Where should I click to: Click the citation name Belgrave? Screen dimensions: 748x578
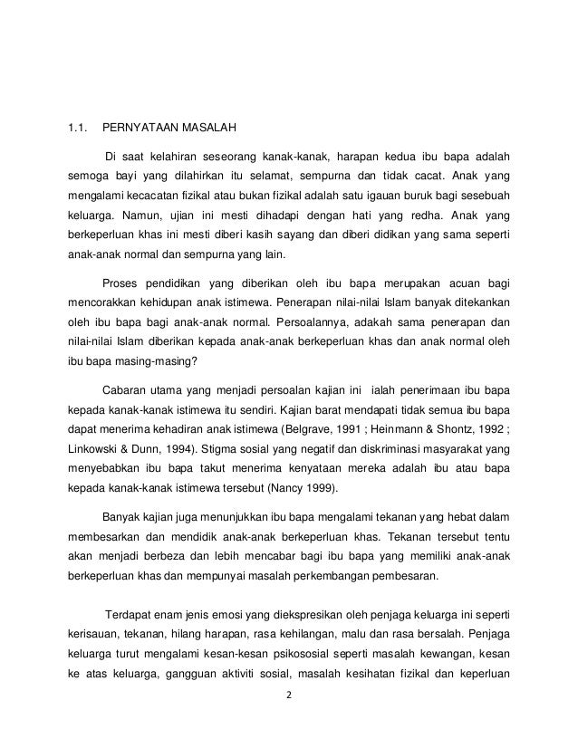[313, 432]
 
